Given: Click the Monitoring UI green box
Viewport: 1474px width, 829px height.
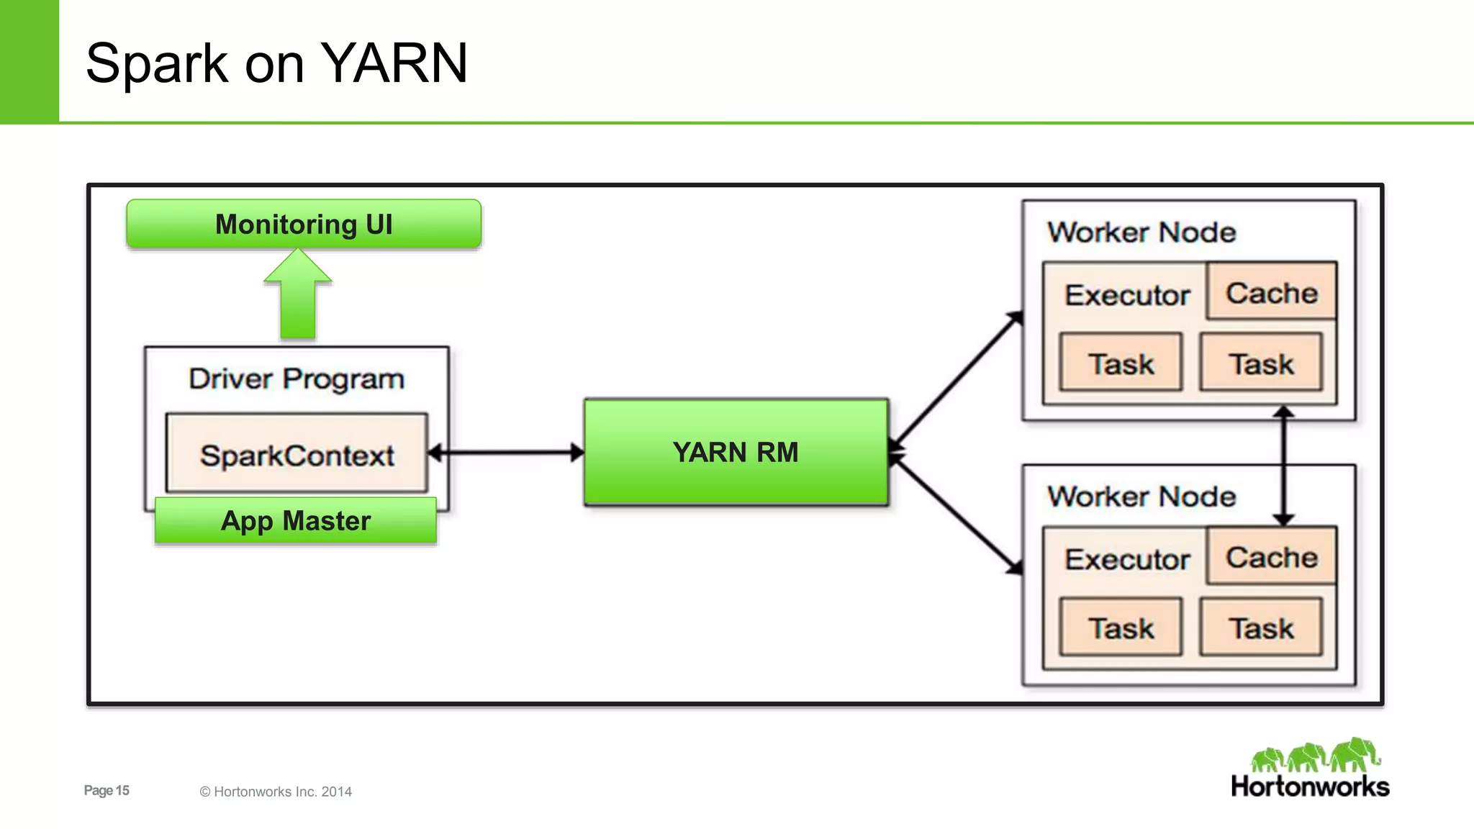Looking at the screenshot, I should tap(303, 225).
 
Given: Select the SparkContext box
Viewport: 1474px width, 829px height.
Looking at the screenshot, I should tap(297, 455).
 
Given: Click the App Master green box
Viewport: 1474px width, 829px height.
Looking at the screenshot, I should tap(296, 520).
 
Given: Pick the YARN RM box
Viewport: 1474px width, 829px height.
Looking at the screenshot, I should tap(736, 452).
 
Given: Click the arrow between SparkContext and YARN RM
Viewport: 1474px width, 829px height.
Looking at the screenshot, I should tap(506, 453).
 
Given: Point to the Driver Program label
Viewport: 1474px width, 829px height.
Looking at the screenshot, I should tap(297, 379).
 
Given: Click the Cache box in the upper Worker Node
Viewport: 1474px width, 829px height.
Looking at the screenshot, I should tap(1271, 292).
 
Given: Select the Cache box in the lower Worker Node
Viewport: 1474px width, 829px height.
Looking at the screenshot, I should tap(1271, 556).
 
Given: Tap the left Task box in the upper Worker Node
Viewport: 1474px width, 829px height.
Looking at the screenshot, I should tap(1121, 363).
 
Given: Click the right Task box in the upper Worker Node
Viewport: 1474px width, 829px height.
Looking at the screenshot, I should tap(1260, 363).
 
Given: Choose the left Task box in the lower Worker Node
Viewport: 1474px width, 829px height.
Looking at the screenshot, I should tap(1121, 628).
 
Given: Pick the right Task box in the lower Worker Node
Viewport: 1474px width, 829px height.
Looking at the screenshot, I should tap(1260, 628).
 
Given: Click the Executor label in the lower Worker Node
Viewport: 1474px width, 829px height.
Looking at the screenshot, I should tap(1126, 559).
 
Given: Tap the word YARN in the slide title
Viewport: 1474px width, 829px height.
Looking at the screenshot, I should tap(393, 63).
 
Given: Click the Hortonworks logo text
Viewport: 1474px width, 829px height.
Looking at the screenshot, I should tap(1310, 787).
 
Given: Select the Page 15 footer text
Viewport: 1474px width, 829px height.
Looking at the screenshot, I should tap(107, 790).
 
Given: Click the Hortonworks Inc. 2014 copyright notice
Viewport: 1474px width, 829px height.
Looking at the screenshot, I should tap(276, 792).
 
